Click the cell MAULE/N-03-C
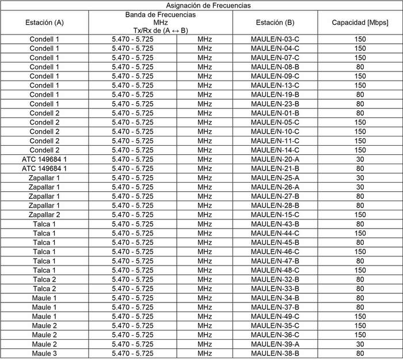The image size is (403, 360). click(275, 39)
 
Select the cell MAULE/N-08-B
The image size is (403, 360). click(275, 67)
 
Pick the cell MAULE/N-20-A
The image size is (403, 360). click(275, 159)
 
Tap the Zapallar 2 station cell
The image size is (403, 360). click(44, 214)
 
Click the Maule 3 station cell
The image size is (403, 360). click(44, 353)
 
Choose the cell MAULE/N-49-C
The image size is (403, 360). click(275, 316)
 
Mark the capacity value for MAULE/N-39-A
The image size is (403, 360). click(360, 344)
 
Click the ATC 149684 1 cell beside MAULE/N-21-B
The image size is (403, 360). click(44, 168)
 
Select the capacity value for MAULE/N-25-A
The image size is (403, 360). click(360, 177)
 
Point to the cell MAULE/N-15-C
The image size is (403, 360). click(275, 214)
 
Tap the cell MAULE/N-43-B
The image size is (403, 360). click(275, 223)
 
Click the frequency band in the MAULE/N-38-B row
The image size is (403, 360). click(132, 353)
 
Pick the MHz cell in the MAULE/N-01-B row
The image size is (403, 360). click(204, 113)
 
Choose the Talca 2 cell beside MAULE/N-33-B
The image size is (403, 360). click(44, 289)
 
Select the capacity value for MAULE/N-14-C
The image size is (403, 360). click(360, 150)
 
